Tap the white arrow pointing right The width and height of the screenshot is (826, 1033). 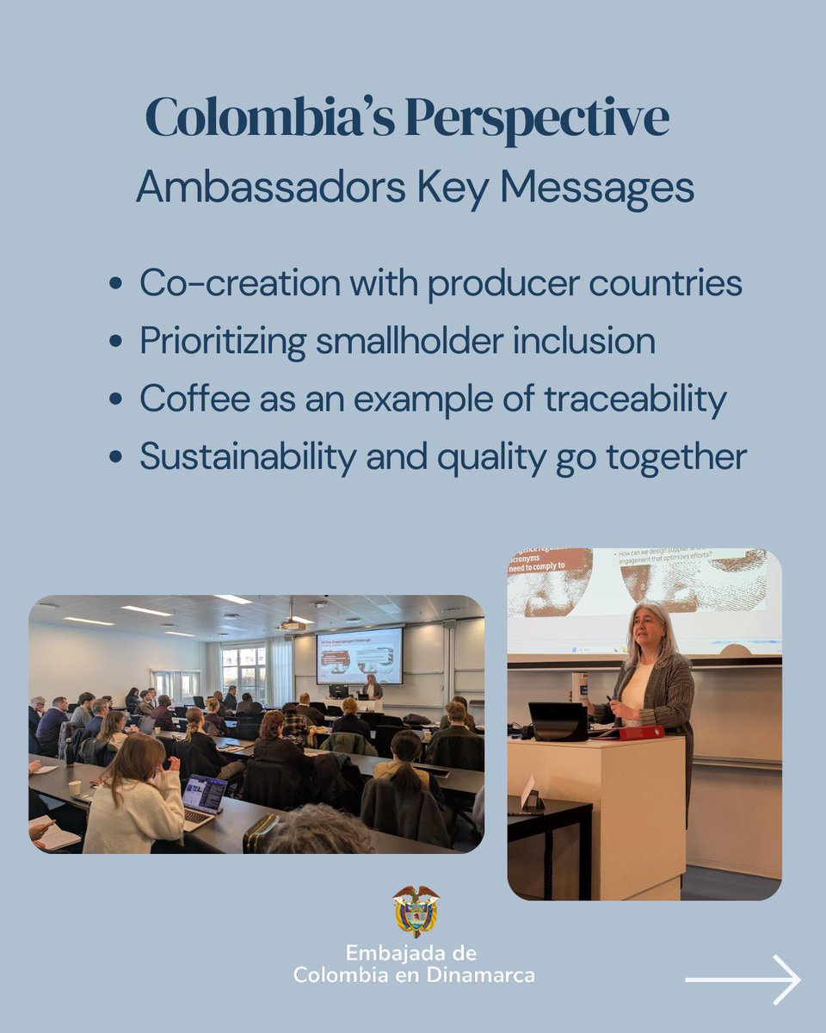743,980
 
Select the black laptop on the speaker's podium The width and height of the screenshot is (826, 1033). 557,721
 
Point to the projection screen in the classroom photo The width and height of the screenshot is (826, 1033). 359,655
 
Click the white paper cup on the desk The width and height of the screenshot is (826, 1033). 75,789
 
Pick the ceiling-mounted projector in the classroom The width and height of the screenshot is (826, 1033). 291,626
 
